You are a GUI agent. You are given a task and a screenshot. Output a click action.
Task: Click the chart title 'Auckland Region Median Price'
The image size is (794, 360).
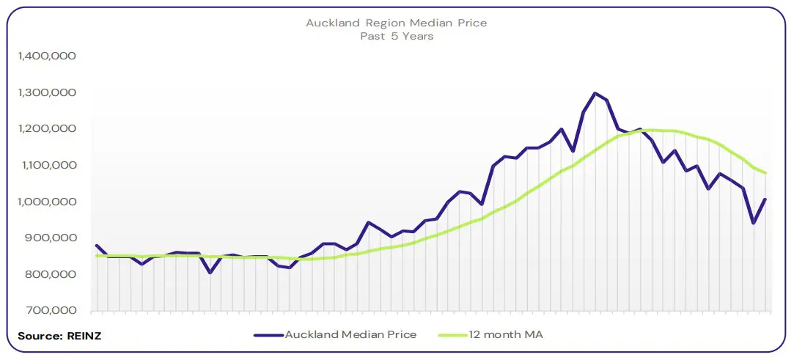coord(396,23)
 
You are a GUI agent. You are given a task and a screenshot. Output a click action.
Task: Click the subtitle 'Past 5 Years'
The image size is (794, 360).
coord(396,36)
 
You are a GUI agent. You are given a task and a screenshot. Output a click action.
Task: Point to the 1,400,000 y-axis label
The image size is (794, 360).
coord(46,56)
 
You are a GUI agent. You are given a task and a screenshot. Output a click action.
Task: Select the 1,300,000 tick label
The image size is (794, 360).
coord(46,92)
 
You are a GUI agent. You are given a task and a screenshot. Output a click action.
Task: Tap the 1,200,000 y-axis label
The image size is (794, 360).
coord(46,129)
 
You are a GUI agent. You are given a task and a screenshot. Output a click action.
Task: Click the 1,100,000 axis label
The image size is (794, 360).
coord(46,166)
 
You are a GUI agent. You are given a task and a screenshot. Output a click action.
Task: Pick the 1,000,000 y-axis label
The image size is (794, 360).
coord(46,202)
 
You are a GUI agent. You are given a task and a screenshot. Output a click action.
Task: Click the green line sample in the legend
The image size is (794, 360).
coord(454,335)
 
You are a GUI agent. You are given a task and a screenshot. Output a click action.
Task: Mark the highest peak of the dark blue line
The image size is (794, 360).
coord(595,93)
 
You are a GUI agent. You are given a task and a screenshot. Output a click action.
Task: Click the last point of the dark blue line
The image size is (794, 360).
coord(765,199)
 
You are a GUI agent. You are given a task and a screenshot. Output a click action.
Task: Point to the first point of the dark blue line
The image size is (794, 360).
coord(96,246)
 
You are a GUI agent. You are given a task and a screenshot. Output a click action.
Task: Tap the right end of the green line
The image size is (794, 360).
coord(765,173)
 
